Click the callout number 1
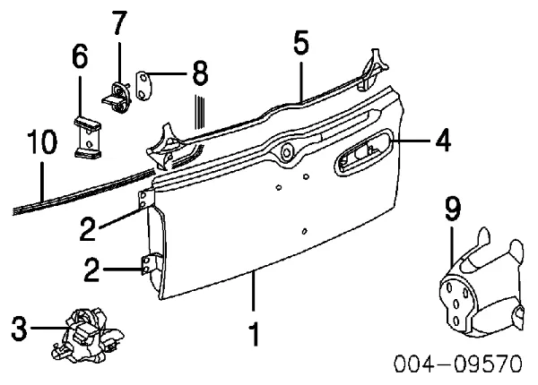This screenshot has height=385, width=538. click(x=254, y=334)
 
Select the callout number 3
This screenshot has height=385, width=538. click(x=19, y=328)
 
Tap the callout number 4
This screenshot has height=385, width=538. click(x=443, y=140)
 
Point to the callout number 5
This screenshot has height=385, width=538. click(x=301, y=43)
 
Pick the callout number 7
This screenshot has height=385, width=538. click(x=119, y=22)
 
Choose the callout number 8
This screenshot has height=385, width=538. click(x=200, y=73)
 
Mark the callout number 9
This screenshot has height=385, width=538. click(x=453, y=209)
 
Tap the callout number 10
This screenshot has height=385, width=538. click(x=42, y=141)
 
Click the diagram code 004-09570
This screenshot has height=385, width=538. click(x=458, y=364)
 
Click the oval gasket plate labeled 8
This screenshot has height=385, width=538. click(x=144, y=85)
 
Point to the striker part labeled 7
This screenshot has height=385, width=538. click(x=117, y=98)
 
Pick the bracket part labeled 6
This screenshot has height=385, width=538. click(x=88, y=138)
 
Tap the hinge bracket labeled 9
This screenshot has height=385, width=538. click(x=482, y=285)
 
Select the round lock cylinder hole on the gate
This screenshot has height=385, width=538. click(x=285, y=151)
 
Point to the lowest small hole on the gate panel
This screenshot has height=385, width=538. click(x=304, y=232)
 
